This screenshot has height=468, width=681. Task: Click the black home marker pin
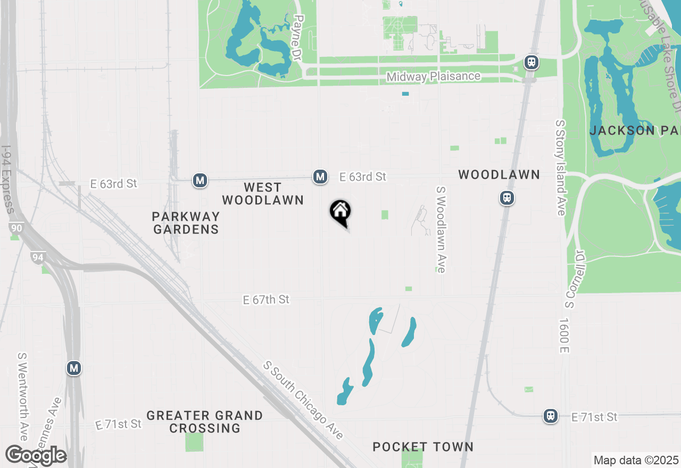click(340, 213)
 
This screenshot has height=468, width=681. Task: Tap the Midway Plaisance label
click(433, 77)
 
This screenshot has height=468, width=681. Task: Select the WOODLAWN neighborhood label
click(499, 174)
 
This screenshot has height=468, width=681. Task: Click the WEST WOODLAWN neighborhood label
click(263, 194)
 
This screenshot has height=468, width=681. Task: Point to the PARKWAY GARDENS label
click(186, 223)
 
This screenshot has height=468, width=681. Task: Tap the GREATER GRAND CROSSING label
click(205, 422)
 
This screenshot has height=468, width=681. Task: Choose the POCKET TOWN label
click(423, 447)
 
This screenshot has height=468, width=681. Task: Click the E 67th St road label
click(266, 300)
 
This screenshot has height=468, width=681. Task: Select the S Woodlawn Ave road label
click(441, 229)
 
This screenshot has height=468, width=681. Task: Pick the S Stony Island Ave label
click(560, 168)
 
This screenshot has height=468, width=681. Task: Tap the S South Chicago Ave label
click(303, 400)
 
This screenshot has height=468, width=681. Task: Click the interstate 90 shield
click(15, 228)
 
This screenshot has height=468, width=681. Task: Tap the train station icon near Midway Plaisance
click(531, 62)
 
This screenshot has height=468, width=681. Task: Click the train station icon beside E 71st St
click(550, 416)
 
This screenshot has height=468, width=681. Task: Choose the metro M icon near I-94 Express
click(74, 367)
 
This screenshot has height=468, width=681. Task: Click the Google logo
click(36, 455)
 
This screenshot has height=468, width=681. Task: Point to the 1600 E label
click(564, 336)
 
